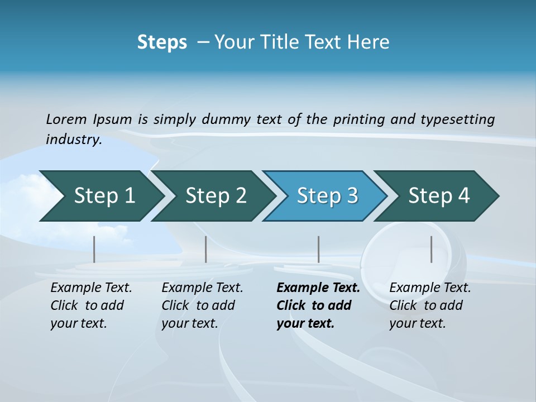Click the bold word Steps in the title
tap(162, 42)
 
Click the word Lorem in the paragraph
tap(66, 119)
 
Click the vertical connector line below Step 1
tap(94, 249)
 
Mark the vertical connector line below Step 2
tap(206, 249)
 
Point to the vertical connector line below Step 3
tap(318, 249)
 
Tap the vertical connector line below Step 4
tap(431, 249)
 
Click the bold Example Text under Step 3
tap(318, 288)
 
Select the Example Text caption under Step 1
tap(91, 288)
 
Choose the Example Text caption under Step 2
tap(202, 288)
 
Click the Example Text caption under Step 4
tap(430, 288)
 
